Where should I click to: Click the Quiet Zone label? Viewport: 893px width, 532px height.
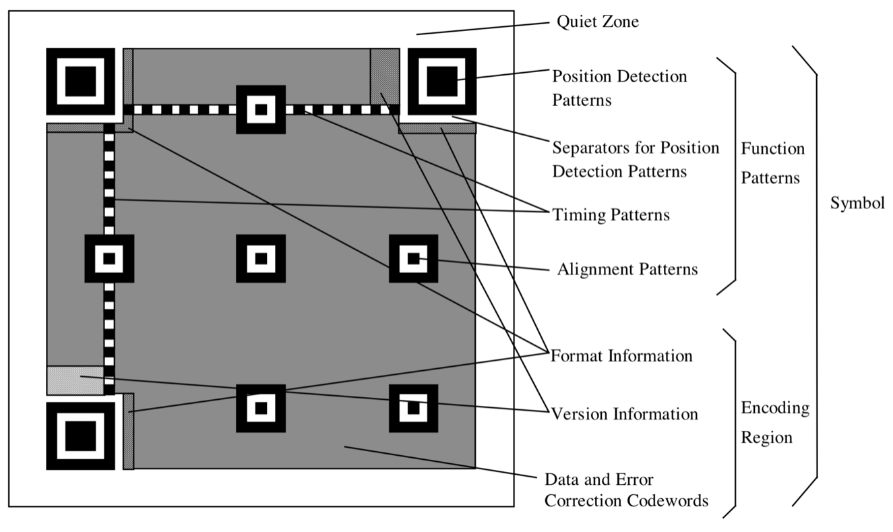(x=597, y=22)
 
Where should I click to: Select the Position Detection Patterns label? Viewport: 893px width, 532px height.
(x=619, y=88)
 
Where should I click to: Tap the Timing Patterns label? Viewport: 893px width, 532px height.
(x=611, y=215)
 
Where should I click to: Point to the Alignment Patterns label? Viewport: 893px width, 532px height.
(x=627, y=270)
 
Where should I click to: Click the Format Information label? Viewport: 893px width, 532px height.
(x=621, y=355)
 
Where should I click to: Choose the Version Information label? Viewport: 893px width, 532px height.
(x=624, y=413)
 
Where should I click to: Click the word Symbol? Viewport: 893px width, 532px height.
(x=857, y=204)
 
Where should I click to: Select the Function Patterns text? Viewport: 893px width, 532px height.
(x=772, y=163)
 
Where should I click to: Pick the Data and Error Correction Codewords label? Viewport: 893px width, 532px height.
(x=626, y=490)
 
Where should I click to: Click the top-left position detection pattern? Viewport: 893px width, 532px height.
(x=80, y=82)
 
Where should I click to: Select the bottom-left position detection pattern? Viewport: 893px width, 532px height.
(x=80, y=436)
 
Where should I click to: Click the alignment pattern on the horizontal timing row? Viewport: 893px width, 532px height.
(x=261, y=109)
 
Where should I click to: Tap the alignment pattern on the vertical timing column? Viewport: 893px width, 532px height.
(x=109, y=258)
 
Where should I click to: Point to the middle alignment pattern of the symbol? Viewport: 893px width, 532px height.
(x=261, y=258)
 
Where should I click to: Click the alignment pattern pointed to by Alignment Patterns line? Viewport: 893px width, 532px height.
(x=413, y=258)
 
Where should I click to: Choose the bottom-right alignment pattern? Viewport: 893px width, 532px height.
(x=413, y=408)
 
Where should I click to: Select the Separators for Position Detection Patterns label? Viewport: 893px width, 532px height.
(x=636, y=159)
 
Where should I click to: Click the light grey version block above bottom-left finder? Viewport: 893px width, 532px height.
(x=75, y=380)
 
